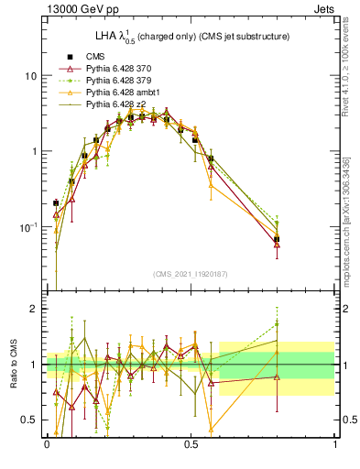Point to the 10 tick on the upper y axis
tap(30, 75)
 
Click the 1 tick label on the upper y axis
tap(34, 151)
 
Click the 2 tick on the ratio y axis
tap(34, 309)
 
